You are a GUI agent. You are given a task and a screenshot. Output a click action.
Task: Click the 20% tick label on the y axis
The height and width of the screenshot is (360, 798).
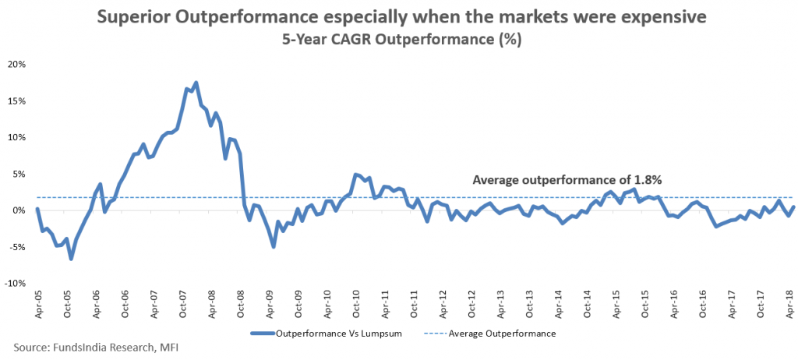16,64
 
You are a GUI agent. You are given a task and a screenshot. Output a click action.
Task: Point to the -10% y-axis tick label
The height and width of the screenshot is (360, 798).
15,284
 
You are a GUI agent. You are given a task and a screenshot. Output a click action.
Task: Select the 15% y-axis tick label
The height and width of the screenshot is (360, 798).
16,101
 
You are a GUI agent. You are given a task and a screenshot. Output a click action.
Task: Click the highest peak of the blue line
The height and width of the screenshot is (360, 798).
196,83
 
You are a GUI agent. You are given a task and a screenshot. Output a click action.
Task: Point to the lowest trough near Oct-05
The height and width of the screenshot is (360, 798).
71,258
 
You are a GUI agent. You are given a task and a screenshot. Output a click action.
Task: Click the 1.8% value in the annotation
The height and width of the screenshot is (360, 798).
647,180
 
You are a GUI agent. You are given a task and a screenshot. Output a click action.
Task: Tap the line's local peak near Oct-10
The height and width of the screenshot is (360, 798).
355,175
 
